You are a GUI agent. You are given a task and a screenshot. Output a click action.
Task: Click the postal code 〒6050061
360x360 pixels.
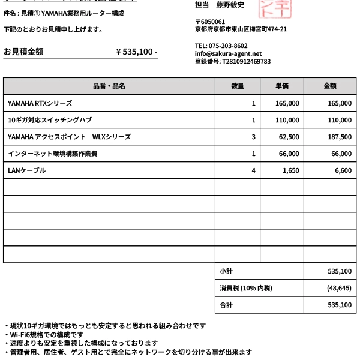(210, 22)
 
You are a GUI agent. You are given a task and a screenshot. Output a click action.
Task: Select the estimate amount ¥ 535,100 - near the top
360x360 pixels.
(136, 52)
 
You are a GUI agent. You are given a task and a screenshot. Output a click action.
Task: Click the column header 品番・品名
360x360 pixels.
(109, 86)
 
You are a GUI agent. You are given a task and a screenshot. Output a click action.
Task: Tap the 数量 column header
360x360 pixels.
(238, 86)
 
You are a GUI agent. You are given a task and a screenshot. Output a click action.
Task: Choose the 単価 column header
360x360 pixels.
(282, 86)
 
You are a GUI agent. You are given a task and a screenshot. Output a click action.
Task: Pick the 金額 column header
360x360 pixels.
(330, 86)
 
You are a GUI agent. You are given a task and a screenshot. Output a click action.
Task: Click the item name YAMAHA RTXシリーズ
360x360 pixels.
(40, 103)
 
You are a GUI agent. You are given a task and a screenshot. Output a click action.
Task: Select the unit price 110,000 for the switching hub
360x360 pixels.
(287, 120)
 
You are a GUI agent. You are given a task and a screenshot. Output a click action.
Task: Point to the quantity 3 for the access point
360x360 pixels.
(253, 137)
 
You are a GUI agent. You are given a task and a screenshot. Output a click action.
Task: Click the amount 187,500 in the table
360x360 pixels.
(340, 137)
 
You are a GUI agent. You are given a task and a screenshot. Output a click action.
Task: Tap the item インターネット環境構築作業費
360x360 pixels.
(53, 154)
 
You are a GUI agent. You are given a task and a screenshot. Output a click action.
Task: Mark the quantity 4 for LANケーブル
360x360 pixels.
(253, 170)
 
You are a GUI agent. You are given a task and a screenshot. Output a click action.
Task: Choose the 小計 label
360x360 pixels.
(226, 271)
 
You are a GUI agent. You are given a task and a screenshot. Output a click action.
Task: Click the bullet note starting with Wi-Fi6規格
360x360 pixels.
(45, 334)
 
